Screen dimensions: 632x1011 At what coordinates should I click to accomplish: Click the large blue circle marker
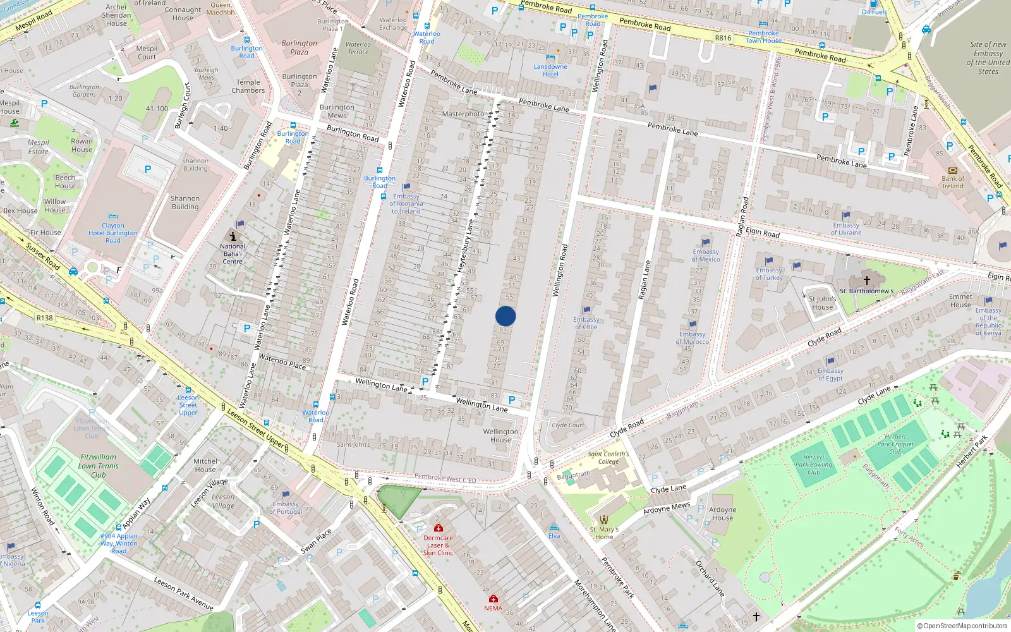(x=505, y=316)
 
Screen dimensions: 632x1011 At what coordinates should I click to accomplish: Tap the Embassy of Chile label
(x=586, y=323)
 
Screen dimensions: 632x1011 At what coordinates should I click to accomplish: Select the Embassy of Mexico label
(x=706, y=255)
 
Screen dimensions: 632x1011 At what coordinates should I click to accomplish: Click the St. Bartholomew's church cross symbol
(x=867, y=280)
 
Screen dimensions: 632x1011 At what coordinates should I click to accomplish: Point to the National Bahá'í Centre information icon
(x=233, y=236)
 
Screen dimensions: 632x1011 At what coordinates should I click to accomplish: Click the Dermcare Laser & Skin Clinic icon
(x=438, y=528)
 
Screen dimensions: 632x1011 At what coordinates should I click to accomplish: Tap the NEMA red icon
(x=493, y=599)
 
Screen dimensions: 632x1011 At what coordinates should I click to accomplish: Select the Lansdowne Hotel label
(x=550, y=70)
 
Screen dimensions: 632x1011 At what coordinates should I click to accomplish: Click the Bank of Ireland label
(x=953, y=182)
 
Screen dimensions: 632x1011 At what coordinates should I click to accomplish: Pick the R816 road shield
(x=723, y=38)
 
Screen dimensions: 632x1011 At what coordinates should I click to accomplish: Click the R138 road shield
(x=44, y=318)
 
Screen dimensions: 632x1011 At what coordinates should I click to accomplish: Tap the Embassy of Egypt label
(x=830, y=375)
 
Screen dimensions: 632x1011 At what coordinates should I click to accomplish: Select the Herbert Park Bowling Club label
(x=814, y=465)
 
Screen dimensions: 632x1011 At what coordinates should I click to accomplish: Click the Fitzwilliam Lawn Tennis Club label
(x=98, y=466)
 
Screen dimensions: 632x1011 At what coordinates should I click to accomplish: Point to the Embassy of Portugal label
(x=286, y=507)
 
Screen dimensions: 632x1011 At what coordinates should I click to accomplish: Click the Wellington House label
(x=500, y=436)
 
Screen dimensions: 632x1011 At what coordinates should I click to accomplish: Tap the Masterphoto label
(x=463, y=114)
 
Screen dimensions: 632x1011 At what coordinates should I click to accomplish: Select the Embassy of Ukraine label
(x=846, y=229)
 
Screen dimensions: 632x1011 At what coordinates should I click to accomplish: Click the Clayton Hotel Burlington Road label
(x=113, y=233)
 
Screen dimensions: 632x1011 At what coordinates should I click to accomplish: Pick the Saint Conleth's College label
(x=608, y=458)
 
